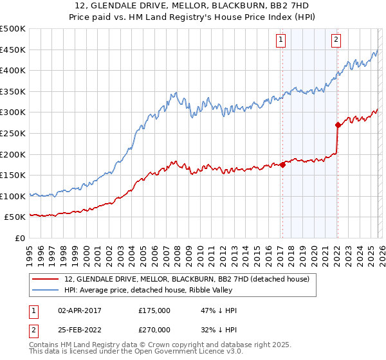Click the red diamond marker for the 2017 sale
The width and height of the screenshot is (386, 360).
coord(282,165)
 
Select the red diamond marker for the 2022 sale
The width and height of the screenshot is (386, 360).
coord(338,125)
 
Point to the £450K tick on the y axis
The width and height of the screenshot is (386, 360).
coord(13,50)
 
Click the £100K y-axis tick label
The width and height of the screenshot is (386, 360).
coord(13,196)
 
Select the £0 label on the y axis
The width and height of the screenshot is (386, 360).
coord(21,238)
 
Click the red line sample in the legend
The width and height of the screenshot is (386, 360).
coord(46,279)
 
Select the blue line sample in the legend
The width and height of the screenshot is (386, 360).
coord(46,290)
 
